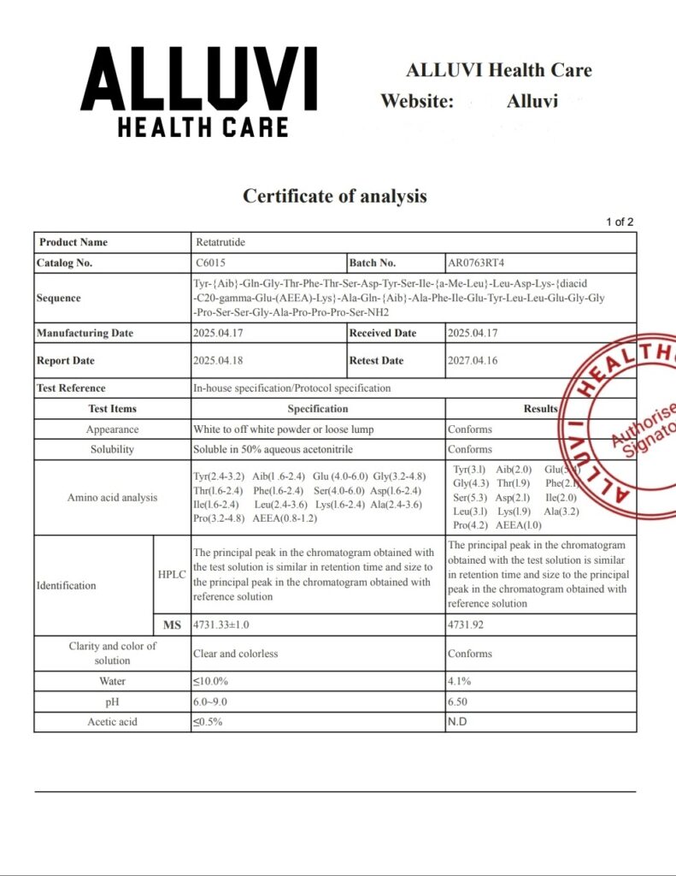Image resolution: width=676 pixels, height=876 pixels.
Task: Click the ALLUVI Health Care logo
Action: (198, 92)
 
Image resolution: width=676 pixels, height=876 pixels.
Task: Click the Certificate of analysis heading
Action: (334, 196)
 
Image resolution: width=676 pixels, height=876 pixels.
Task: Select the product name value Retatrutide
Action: (220, 242)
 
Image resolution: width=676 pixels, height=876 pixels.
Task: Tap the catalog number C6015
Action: (210, 263)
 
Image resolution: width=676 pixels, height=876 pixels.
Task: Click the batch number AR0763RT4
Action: (482, 263)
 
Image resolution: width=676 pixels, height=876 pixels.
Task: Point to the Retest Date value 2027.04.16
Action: (472, 360)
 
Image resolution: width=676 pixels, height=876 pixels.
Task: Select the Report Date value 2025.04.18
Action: (218, 360)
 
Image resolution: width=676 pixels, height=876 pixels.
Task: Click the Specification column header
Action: (317, 408)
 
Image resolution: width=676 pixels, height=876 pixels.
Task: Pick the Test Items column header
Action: (112, 408)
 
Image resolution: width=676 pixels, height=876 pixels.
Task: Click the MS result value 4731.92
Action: (466, 624)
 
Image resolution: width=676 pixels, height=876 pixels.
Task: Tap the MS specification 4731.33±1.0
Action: (221, 624)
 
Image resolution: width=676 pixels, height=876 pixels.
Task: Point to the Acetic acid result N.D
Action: (457, 721)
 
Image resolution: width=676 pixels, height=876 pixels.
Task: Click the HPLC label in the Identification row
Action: (172, 574)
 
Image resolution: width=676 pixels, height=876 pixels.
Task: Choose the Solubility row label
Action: (112, 449)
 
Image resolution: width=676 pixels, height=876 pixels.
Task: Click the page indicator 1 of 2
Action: (620, 222)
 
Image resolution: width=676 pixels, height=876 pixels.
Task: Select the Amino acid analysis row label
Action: (112, 497)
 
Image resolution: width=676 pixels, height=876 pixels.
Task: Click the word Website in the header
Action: (416, 101)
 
